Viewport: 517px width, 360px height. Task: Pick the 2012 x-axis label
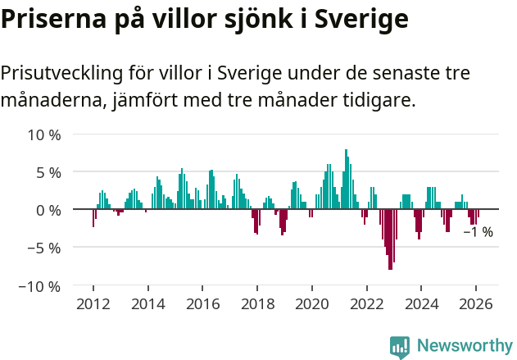(x=93, y=304)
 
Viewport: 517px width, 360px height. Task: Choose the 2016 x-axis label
(x=202, y=304)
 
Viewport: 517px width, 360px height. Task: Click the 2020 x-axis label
(x=311, y=304)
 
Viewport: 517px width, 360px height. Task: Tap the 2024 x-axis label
(x=420, y=304)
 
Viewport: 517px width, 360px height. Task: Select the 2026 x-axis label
(x=475, y=304)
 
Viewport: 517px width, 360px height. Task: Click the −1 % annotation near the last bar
(x=478, y=232)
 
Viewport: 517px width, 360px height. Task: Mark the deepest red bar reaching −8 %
(x=390, y=239)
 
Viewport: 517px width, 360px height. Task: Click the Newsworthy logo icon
(x=400, y=347)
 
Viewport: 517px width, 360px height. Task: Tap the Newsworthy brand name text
(x=465, y=346)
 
